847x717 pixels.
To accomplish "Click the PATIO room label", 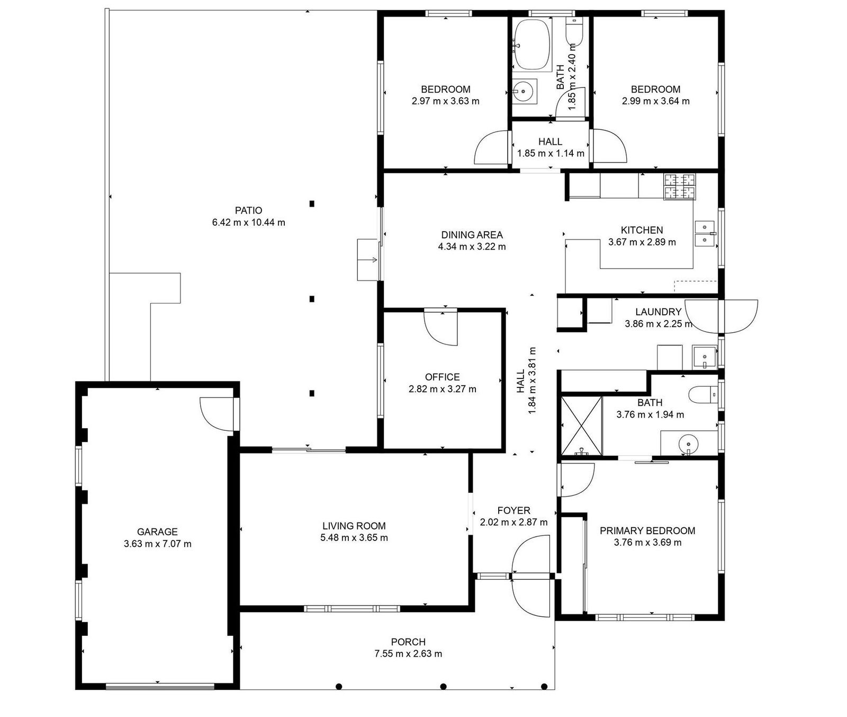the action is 249,210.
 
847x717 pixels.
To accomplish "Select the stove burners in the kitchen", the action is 680,187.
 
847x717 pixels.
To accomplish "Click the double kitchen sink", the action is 705,234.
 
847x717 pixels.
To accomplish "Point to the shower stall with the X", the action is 581,426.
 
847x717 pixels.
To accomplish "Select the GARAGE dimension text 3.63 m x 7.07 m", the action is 157,544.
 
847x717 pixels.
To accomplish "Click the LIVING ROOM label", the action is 354,526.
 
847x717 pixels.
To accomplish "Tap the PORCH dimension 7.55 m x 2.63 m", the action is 408,653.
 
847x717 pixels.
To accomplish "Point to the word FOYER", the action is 513,510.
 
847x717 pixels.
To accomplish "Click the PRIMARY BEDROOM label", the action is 647,530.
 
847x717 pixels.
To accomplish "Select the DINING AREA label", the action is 472,235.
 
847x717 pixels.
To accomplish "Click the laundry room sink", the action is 704,357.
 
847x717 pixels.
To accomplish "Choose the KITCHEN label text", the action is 642,230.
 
